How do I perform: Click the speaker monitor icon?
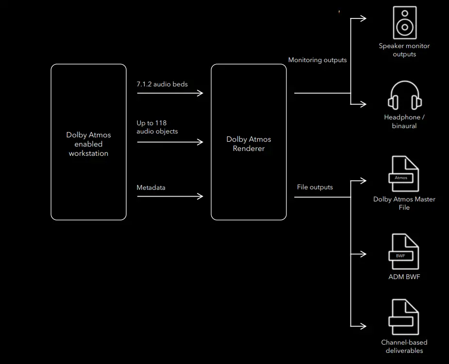point(404,22)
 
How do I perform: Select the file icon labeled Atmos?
point(404,174)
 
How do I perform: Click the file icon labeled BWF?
point(404,252)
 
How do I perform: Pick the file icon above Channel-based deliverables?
point(404,317)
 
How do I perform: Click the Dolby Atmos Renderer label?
point(249,144)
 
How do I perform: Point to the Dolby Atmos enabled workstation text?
point(88,144)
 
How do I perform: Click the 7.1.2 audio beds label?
point(162,84)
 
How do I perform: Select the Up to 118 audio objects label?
point(157,127)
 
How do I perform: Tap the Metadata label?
point(151,187)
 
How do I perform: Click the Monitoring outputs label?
point(317,60)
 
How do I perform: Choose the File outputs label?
point(315,187)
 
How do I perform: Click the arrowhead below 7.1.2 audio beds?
point(200,93)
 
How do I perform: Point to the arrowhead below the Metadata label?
point(200,196)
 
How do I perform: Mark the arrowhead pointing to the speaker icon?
point(364,18)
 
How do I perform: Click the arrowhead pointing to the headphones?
point(364,103)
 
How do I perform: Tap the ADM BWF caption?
point(404,277)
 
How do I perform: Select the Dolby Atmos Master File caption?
point(404,203)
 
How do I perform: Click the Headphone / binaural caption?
point(404,121)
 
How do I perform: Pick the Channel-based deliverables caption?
point(404,347)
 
